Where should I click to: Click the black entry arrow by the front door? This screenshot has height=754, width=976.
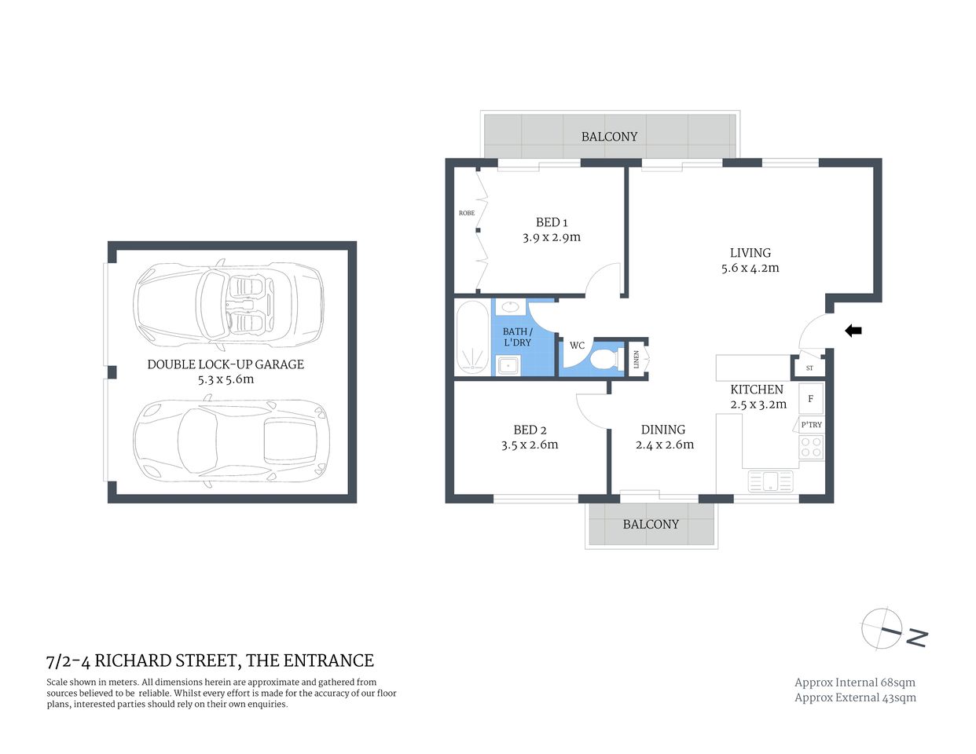[x=853, y=331]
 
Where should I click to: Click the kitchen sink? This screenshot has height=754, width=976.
[x=770, y=481]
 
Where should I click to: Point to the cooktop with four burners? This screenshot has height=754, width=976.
[x=811, y=448]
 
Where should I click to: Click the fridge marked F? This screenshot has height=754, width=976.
[x=811, y=399]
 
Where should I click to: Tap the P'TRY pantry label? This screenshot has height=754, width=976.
[x=811, y=425]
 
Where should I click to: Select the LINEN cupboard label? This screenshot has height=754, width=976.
[x=637, y=358]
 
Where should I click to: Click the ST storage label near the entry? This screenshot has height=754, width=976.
[x=809, y=368]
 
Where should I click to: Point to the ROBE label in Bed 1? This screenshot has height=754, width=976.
[x=467, y=213]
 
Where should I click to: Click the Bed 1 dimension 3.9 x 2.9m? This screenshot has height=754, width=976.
[x=552, y=237]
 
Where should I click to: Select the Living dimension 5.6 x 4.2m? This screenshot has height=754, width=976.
[x=750, y=268]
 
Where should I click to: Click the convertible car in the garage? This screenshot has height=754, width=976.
[x=229, y=306]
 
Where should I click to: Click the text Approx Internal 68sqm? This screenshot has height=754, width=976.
[x=855, y=683]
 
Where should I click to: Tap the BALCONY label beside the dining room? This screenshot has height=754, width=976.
[x=651, y=524]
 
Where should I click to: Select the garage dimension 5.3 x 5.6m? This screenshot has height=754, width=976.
[x=226, y=379]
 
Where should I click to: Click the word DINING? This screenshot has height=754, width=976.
[x=663, y=430]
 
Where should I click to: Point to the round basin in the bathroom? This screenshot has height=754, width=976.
[x=509, y=306]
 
